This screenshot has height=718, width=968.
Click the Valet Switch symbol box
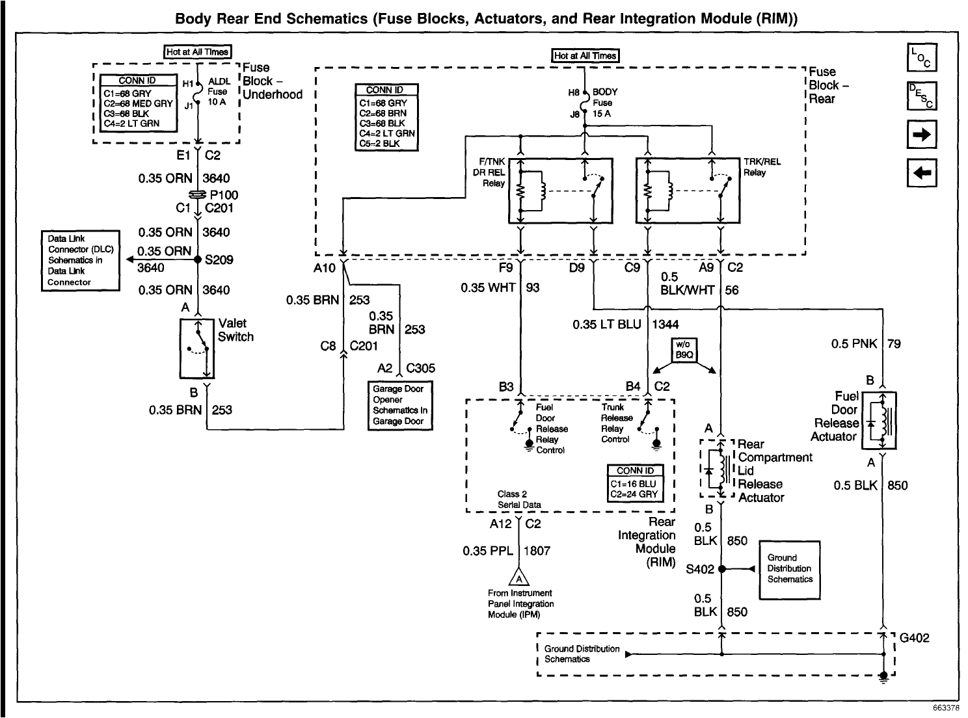coord(197,349)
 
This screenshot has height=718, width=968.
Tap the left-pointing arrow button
coord(921,172)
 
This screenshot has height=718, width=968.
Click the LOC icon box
coord(921,58)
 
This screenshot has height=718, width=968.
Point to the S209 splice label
coord(219,260)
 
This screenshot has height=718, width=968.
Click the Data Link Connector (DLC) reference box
coord(80,260)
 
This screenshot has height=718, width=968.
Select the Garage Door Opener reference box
coord(399,405)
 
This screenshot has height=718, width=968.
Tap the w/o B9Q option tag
coord(683,351)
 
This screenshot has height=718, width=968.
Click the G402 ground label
coord(914,638)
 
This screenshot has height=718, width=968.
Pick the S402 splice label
coord(700,570)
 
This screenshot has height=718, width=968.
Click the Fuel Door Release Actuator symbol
coord(879,420)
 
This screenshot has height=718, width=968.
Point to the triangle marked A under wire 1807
coord(518,577)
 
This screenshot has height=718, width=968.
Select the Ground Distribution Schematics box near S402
coord(789,569)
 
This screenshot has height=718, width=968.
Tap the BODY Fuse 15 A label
coord(605,103)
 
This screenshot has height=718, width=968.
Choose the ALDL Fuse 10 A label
coord(217,92)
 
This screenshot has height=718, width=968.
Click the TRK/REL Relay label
coord(762,167)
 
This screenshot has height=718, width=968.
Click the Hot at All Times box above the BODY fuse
coord(585,56)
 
